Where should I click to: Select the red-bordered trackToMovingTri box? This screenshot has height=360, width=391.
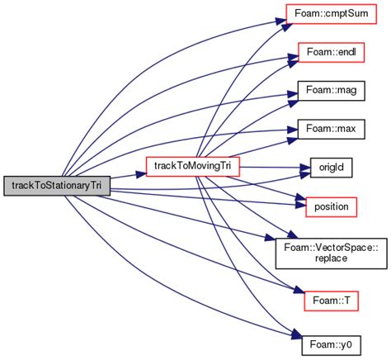point(192,166)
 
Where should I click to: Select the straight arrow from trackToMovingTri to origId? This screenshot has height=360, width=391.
point(272,167)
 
